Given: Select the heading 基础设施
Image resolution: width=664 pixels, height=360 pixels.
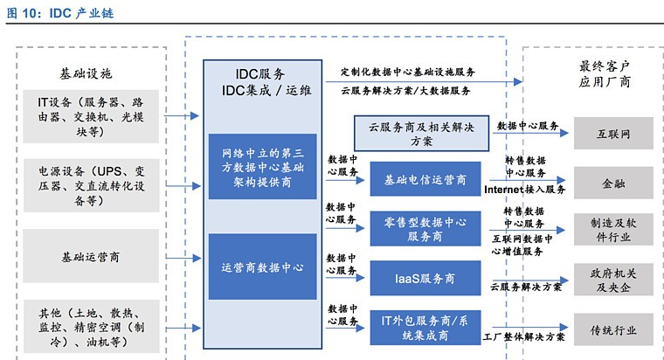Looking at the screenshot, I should point(86,73).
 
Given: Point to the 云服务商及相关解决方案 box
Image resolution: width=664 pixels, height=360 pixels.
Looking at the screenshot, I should point(421,133).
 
